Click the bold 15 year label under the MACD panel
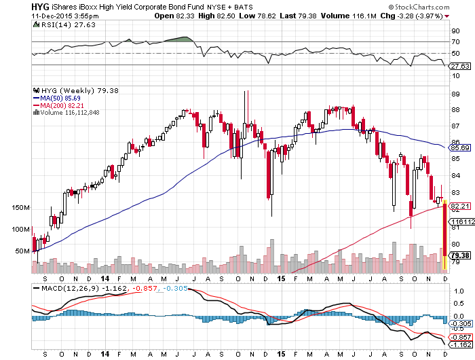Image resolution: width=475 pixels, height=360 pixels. click(x=282, y=354)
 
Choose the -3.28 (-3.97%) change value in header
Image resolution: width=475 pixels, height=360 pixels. click(x=445, y=15)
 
